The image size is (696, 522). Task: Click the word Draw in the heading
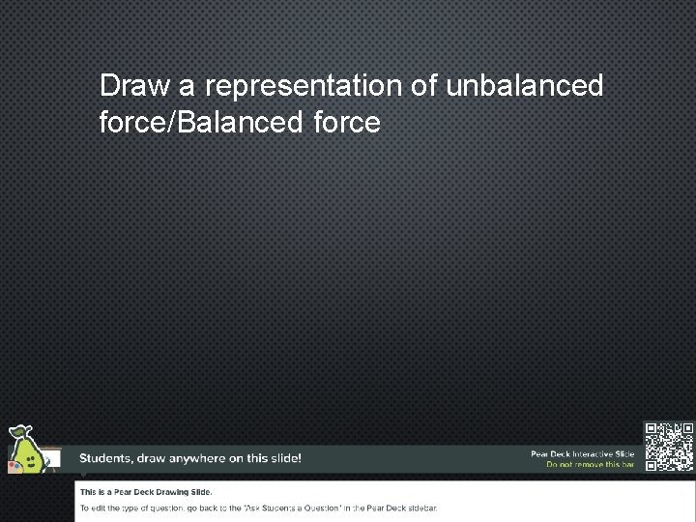pyautogui.click(x=135, y=86)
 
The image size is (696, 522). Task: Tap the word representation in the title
pyautogui.click(x=304, y=86)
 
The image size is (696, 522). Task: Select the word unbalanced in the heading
pyautogui.click(x=525, y=86)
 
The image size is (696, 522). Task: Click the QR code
pyautogui.click(x=669, y=446)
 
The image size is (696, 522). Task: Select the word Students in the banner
pyautogui.click(x=107, y=458)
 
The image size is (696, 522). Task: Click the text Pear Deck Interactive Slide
pyautogui.click(x=582, y=453)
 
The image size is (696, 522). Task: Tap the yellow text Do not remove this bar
pyautogui.click(x=590, y=465)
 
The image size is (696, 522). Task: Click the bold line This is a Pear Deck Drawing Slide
pyautogui.click(x=146, y=492)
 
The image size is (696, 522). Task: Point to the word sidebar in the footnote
pyautogui.click(x=420, y=507)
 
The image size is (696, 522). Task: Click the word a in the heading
pyautogui.click(x=188, y=86)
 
